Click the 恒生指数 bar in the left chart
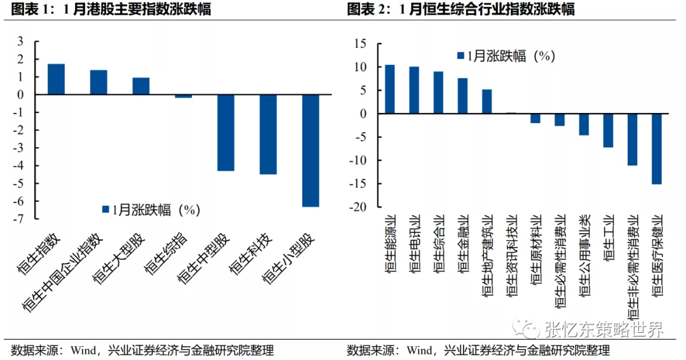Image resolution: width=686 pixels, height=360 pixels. pyautogui.click(x=56, y=79)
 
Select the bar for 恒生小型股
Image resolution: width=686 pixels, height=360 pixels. pyautogui.click(x=311, y=150)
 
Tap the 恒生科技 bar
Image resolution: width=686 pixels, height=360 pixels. pyautogui.click(x=268, y=134)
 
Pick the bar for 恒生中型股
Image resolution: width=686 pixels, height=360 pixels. pyautogui.click(x=225, y=133)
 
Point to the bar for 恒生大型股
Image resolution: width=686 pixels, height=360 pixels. pyautogui.click(x=141, y=86)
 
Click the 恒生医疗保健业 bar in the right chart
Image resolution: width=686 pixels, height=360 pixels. pyautogui.click(x=657, y=149)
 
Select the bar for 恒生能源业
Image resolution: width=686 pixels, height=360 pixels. pyautogui.click(x=389, y=89)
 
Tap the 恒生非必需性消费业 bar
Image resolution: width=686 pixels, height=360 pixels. pyautogui.click(x=632, y=139)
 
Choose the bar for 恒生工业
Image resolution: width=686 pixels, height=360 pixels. pyautogui.click(x=608, y=130)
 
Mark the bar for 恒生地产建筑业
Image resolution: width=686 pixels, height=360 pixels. pyautogui.click(x=487, y=101)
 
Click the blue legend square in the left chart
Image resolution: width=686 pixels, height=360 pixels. pyautogui.click(x=105, y=210)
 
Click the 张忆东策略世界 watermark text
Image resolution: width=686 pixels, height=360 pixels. pyautogui.click(x=603, y=329)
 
